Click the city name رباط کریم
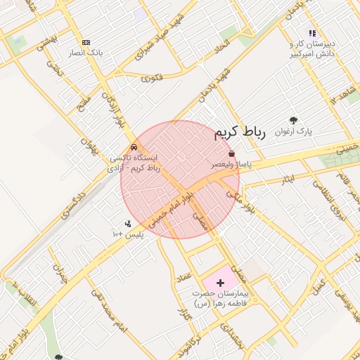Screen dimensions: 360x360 click(x=240, y=132)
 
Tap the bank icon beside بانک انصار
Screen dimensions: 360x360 click(x=86, y=42)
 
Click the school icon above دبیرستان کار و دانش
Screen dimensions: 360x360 click(x=312, y=33)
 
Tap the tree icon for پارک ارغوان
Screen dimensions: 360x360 click(x=293, y=120)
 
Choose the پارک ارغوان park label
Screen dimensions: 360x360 click(x=294, y=131)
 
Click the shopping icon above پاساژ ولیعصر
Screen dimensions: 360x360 click(x=231, y=153)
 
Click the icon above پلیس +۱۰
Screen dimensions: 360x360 click(x=128, y=224)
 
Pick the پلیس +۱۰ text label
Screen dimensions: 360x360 click(x=128, y=233)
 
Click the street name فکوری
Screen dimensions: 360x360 click(x=151, y=78)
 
